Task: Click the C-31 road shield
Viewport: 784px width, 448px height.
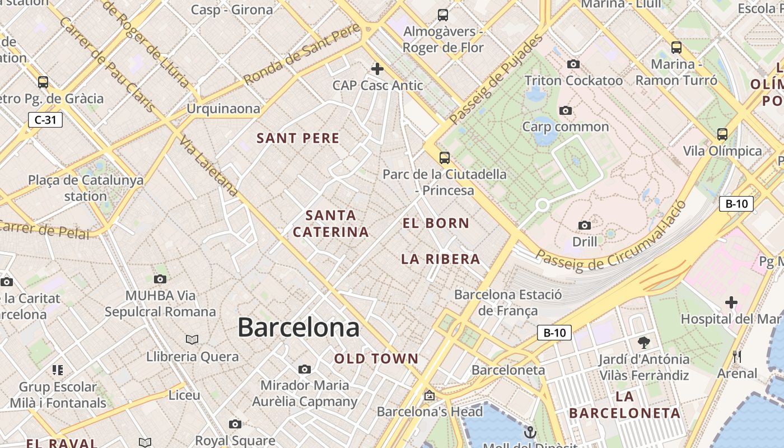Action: click(x=45, y=119)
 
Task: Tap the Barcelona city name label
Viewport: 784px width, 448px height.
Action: click(x=298, y=327)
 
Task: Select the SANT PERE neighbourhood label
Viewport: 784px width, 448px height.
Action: click(x=298, y=138)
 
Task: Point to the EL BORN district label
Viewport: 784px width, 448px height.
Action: click(x=436, y=223)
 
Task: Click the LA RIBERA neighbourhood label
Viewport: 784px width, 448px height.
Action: click(x=441, y=259)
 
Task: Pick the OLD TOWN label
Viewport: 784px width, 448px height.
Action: click(x=376, y=358)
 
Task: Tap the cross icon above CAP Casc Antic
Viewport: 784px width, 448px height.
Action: click(x=377, y=69)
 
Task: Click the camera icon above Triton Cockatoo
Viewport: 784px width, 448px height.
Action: click(x=573, y=64)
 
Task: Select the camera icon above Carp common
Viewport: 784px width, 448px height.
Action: click(x=566, y=110)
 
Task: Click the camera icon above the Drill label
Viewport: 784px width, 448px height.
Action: click(x=585, y=225)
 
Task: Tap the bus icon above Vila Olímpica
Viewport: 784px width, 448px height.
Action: click(x=722, y=134)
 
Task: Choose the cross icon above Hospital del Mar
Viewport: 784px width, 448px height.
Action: click(x=731, y=302)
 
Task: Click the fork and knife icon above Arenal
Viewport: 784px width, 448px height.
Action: click(x=737, y=357)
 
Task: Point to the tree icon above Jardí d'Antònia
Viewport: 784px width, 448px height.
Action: click(x=644, y=342)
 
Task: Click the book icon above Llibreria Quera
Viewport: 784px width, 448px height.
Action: click(x=192, y=339)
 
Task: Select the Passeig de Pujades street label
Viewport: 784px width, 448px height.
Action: click(x=496, y=78)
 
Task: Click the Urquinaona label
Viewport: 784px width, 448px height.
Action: click(x=223, y=108)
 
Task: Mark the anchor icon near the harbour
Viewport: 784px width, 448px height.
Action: click(x=530, y=432)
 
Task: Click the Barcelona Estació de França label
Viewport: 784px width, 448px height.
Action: click(x=508, y=302)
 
